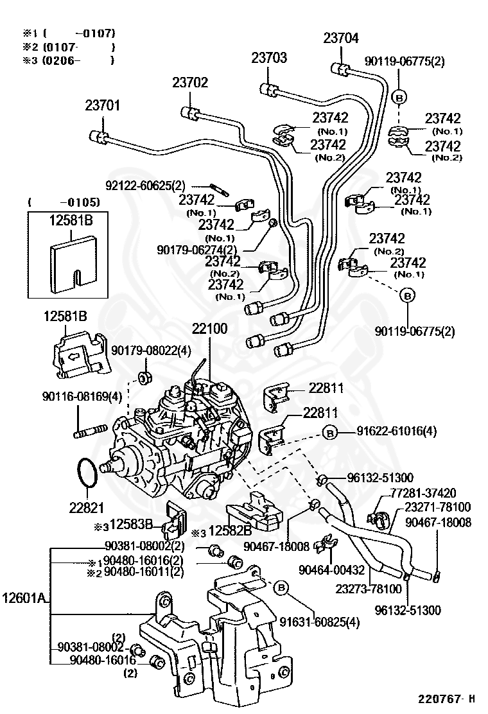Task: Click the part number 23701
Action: (103, 105)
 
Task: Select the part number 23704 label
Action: (341, 38)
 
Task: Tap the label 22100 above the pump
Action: (209, 328)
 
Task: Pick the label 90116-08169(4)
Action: (82, 396)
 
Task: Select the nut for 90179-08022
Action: (144, 376)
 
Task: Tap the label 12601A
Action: (24, 597)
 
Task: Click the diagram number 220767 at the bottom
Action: (439, 698)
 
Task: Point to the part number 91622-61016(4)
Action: (397, 431)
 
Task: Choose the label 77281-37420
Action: (423, 492)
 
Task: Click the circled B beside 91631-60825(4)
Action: (281, 588)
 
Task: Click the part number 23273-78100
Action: (369, 589)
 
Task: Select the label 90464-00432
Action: (332, 570)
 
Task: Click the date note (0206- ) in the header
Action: (78, 60)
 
